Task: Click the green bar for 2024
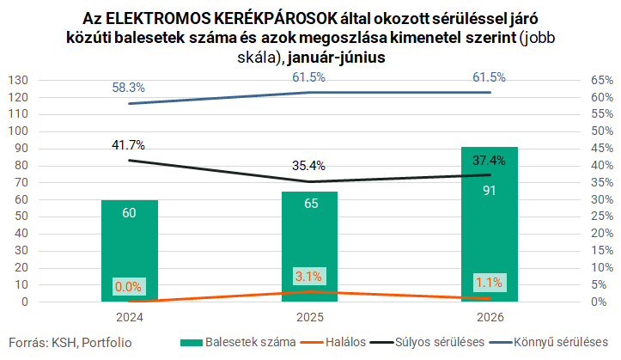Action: (130, 251)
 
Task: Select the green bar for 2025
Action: (310, 247)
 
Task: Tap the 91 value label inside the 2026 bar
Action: (489, 191)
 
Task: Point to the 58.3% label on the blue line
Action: (128, 88)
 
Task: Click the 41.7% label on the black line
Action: (128, 145)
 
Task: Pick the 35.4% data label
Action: (308, 166)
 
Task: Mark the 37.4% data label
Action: (489, 161)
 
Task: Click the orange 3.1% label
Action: (309, 276)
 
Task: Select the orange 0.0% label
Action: (129, 286)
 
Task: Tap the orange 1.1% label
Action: (489, 283)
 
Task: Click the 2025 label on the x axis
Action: (310, 317)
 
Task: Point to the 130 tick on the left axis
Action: (18, 81)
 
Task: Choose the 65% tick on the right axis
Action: (602, 81)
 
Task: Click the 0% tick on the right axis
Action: (599, 302)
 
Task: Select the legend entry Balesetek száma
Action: (238, 342)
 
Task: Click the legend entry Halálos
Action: (333, 342)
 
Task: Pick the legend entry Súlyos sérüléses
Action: (428, 342)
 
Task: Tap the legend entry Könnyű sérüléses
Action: (549, 342)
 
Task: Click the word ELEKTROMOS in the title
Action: (158, 19)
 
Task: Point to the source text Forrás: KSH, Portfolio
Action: (70, 343)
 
